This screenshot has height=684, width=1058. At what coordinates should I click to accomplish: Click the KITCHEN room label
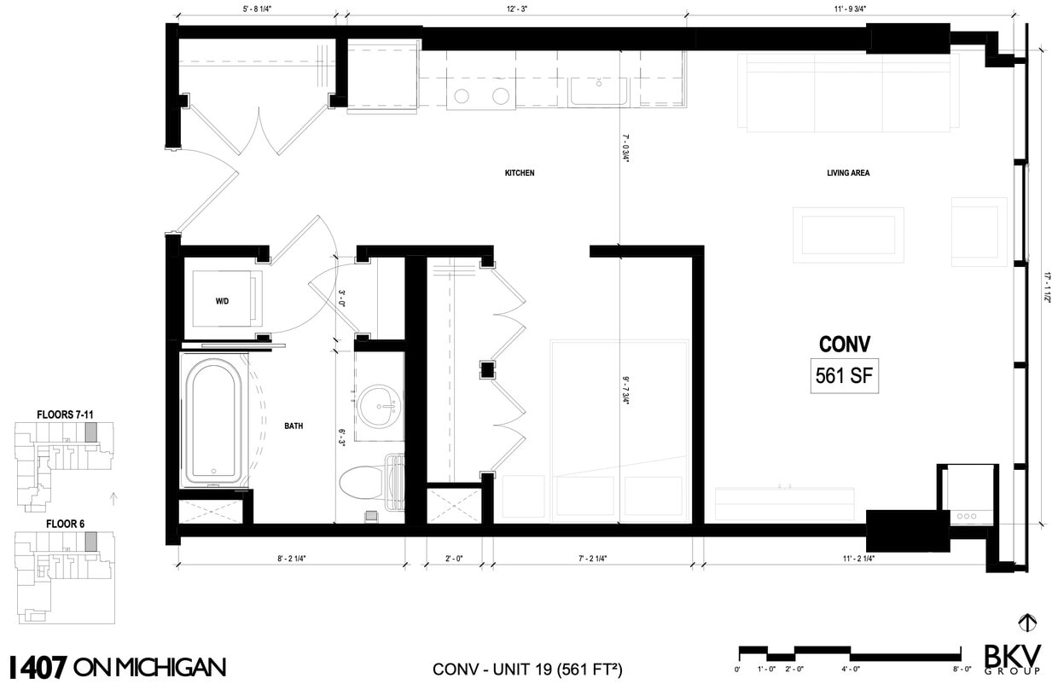(x=520, y=173)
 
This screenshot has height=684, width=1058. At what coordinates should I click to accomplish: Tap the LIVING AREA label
(x=847, y=173)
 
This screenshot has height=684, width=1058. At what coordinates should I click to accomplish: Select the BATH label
(x=294, y=426)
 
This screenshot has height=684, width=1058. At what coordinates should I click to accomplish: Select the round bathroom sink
(x=376, y=407)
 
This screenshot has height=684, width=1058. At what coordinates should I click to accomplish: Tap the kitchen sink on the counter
(x=599, y=91)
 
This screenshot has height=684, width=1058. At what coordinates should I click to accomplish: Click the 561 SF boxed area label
(x=844, y=376)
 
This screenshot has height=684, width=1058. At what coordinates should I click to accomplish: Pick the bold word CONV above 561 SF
(x=844, y=345)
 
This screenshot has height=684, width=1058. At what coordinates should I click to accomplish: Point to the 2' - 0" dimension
(x=454, y=559)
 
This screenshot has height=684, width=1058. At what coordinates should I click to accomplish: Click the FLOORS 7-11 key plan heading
(x=65, y=414)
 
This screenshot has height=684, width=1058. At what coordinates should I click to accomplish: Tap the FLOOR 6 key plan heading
(x=65, y=523)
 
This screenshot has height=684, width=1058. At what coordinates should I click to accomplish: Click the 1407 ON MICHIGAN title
(x=116, y=665)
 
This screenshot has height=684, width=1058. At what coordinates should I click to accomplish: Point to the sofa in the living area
(x=848, y=93)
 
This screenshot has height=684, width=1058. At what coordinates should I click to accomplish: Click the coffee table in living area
(x=848, y=234)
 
